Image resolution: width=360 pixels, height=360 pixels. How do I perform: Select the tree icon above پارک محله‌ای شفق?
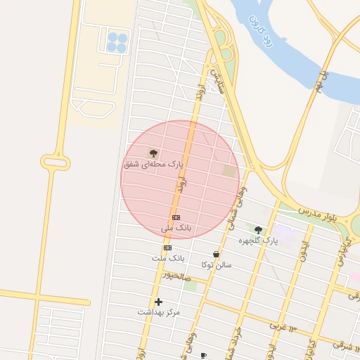(153, 153)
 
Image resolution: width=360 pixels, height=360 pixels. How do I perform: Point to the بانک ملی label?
(176, 229)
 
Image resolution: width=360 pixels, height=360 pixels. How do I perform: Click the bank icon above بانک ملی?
(176, 218)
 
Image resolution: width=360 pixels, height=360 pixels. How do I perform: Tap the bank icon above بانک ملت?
(167, 247)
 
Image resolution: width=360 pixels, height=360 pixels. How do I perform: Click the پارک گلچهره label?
(258, 240)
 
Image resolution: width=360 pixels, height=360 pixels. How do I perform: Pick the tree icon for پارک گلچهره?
(258, 230)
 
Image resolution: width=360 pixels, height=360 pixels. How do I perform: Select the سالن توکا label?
(216, 265)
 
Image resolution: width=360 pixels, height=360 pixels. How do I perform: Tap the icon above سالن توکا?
(216, 255)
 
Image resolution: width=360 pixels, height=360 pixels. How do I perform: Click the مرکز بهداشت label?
(158, 311)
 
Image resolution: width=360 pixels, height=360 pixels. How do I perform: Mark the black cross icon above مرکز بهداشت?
(158, 302)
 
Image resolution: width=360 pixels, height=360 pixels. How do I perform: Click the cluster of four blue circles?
(117, 43)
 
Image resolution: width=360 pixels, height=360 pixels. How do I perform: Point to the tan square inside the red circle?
(230, 171)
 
